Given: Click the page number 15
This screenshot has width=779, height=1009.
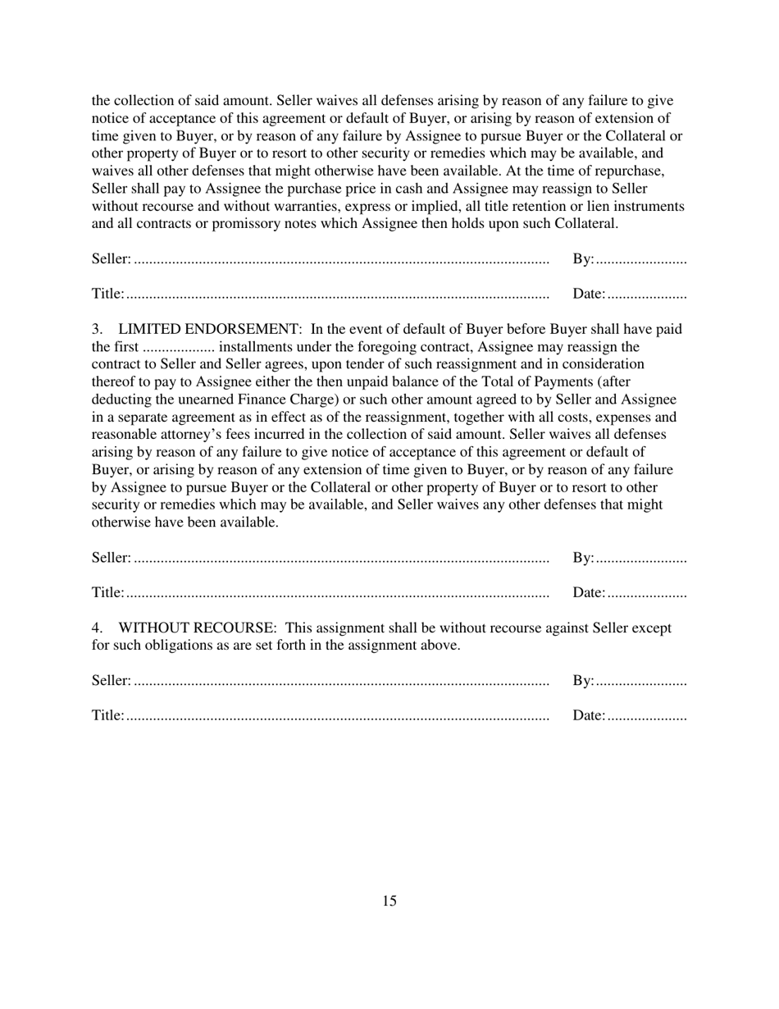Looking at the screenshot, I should [389, 901].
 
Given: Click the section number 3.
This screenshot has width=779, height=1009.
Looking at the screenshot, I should [97, 329].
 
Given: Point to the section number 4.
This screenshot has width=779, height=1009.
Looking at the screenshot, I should [97, 628].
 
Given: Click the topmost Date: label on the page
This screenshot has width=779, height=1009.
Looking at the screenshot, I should [589, 294].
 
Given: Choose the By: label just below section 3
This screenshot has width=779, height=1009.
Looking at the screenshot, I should [582, 558].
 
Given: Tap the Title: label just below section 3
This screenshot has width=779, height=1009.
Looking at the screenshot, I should [107, 592].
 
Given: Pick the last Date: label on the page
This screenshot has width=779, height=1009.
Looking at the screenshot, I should [589, 715].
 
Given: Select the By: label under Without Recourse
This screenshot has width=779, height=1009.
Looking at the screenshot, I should [582, 680].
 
